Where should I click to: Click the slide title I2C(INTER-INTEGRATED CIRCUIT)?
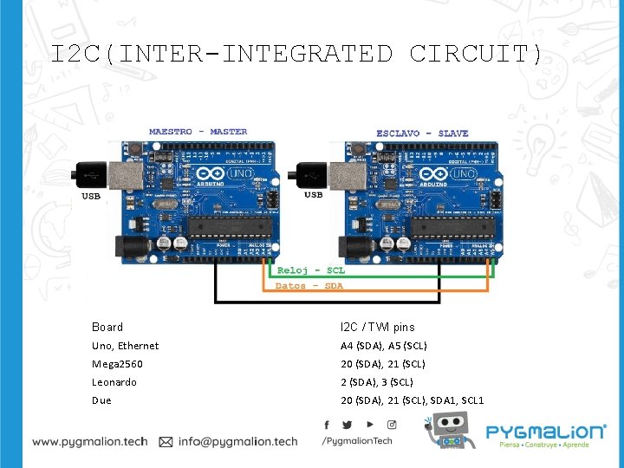[x=296, y=55]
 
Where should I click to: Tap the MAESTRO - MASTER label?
[x=198, y=132]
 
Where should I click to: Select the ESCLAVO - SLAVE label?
[x=422, y=133]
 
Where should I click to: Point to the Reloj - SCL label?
[x=310, y=271]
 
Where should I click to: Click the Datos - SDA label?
[x=309, y=285]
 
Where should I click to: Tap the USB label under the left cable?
[x=91, y=196]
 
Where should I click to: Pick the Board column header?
[x=107, y=327]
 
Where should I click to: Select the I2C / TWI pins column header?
[x=378, y=327]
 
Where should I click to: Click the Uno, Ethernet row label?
[x=126, y=346]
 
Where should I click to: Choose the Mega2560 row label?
[x=118, y=364]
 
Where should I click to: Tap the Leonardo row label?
[x=114, y=382]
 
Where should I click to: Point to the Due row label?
[x=101, y=400]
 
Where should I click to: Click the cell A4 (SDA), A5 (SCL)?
[x=384, y=346]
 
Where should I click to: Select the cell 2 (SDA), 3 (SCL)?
[x=377, y=382]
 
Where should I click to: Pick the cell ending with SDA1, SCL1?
[x=413, y=400]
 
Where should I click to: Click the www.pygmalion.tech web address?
[x=90, y=441]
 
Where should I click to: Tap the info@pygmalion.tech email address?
[x=237, y=441]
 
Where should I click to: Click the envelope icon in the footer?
[x=166, y=441]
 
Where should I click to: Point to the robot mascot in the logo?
[x=448, y=432]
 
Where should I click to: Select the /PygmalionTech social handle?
[x=356, y=441]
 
